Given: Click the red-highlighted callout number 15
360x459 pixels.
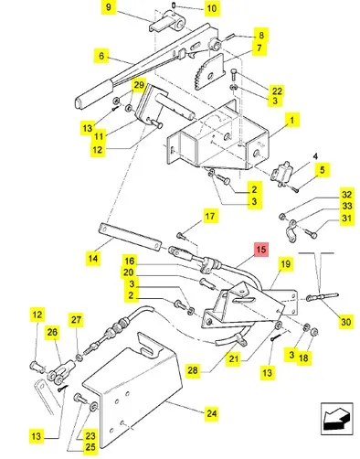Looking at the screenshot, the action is (261, 250).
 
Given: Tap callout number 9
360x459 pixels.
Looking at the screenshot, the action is (109, 6).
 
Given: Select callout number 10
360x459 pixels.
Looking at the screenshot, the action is (212, 8).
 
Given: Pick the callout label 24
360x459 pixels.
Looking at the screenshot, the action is (211, 413).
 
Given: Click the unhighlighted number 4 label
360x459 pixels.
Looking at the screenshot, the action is (315, 156).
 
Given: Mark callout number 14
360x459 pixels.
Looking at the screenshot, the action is (93, 259).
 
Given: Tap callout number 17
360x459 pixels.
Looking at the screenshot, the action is (210, 217).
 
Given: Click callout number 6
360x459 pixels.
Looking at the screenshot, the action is (101, 56).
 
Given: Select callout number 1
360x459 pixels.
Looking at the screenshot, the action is (291, 121).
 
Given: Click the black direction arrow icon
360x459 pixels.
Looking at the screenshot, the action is (336, 420).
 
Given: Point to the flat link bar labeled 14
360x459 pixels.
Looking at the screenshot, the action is (130, 237).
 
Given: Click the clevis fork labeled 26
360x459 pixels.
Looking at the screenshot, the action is (60, 371).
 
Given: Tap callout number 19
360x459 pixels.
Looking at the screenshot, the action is (285, 264).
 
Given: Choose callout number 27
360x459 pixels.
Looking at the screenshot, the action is (76, 320).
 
